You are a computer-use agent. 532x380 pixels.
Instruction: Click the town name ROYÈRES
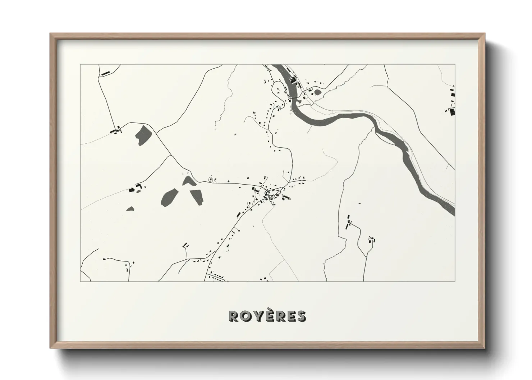pyautogui.click(x=267, y=316)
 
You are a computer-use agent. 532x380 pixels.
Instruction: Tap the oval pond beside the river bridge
pyautogui.click(x=318, y=92)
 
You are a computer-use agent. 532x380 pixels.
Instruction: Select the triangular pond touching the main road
pyautogui.click(x=189, y=181)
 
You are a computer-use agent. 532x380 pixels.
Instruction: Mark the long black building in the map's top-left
pyautogui.click(x=105, y=74)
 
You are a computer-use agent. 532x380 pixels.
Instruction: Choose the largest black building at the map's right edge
pyautogui.click(x=452, y=111)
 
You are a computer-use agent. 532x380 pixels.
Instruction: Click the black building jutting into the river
pyautogui.click(x=293, y=80)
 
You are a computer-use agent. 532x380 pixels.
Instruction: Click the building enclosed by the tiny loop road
pyautogui.click(x=211, y=179)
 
